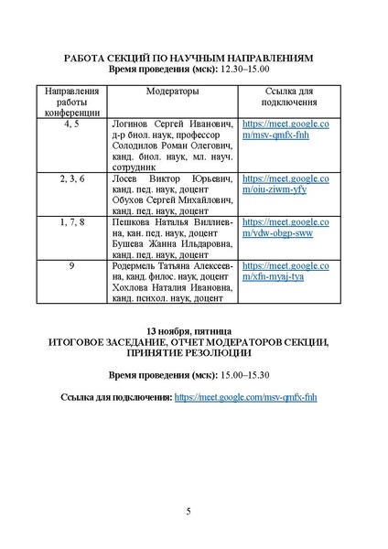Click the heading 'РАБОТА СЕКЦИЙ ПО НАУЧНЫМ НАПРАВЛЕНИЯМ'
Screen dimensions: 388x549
tap(194, 57)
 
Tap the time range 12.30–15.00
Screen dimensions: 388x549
tap(242, 70)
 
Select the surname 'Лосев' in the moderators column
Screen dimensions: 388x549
tap(124, 178)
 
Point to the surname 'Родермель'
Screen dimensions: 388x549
tap(138, 266)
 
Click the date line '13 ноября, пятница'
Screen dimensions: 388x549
tap(194, 328)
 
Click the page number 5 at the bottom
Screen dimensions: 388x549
tap(189, 511)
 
